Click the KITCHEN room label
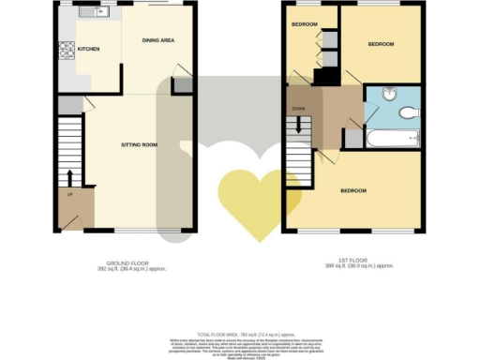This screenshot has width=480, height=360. pos(88,49)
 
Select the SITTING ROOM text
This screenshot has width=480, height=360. pos(141,144)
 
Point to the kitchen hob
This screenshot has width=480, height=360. pos(67,50)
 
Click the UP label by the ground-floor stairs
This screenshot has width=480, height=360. pos(69,195)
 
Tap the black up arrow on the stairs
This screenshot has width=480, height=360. pos(69,177)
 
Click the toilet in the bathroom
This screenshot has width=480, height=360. pos(410,112)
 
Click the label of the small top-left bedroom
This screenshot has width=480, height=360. pos(304,22)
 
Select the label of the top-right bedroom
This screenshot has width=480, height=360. pos(381,44)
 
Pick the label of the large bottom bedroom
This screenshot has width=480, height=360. pos(352,191)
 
